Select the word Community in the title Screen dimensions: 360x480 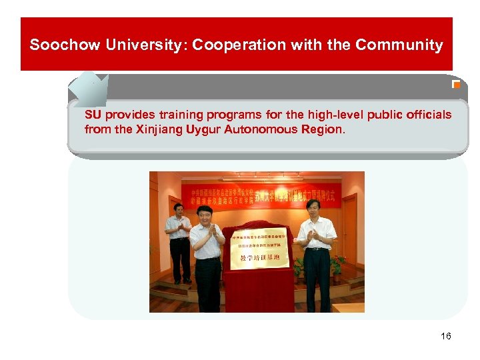[x=399, y=45]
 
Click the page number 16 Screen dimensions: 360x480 [x=445, y=336]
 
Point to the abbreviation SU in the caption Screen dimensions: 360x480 [x=93, y=115]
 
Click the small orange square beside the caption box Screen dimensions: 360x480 [x=456, y=85]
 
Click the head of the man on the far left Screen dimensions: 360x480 [x=178, y=209]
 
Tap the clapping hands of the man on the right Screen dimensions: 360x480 [x=310, y=235]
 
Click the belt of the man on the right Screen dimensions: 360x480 [x=317, y=249]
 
